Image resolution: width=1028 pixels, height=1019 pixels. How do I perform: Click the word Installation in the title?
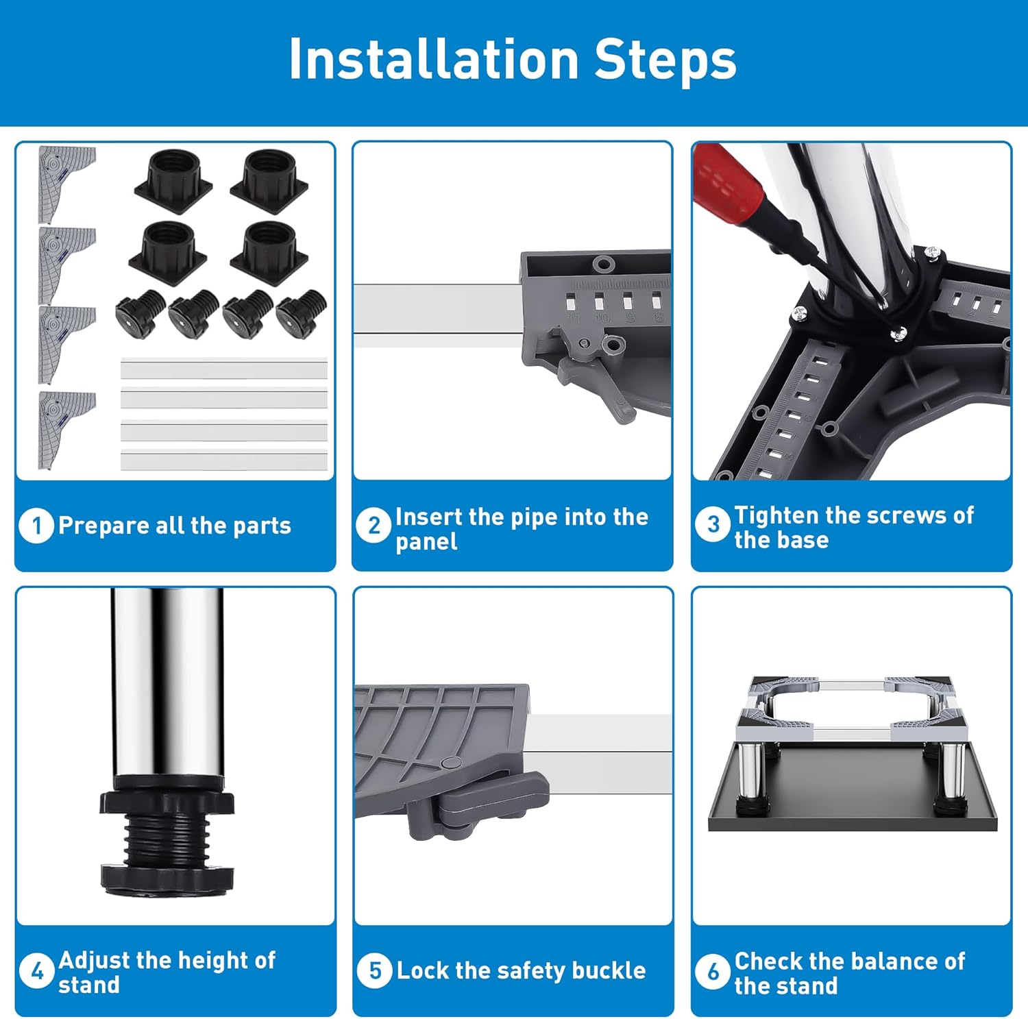coord(434,59)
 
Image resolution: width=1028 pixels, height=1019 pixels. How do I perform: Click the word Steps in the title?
coord(665,60)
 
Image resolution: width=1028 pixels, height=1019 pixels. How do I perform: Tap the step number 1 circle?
coord(36,526)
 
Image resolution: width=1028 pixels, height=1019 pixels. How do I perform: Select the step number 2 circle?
coord(374,526)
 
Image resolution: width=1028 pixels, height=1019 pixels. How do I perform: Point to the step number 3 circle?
coord(713,525)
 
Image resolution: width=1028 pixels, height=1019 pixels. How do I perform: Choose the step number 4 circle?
coord(36,971)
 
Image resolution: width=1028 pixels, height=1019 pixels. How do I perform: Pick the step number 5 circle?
coord(375,970)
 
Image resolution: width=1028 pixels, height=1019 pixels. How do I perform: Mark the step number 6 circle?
coord(713,971)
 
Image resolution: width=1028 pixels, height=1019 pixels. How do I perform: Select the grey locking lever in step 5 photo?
coord(480,799)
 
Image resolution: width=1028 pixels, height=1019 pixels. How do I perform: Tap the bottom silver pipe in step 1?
coord(224,461)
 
